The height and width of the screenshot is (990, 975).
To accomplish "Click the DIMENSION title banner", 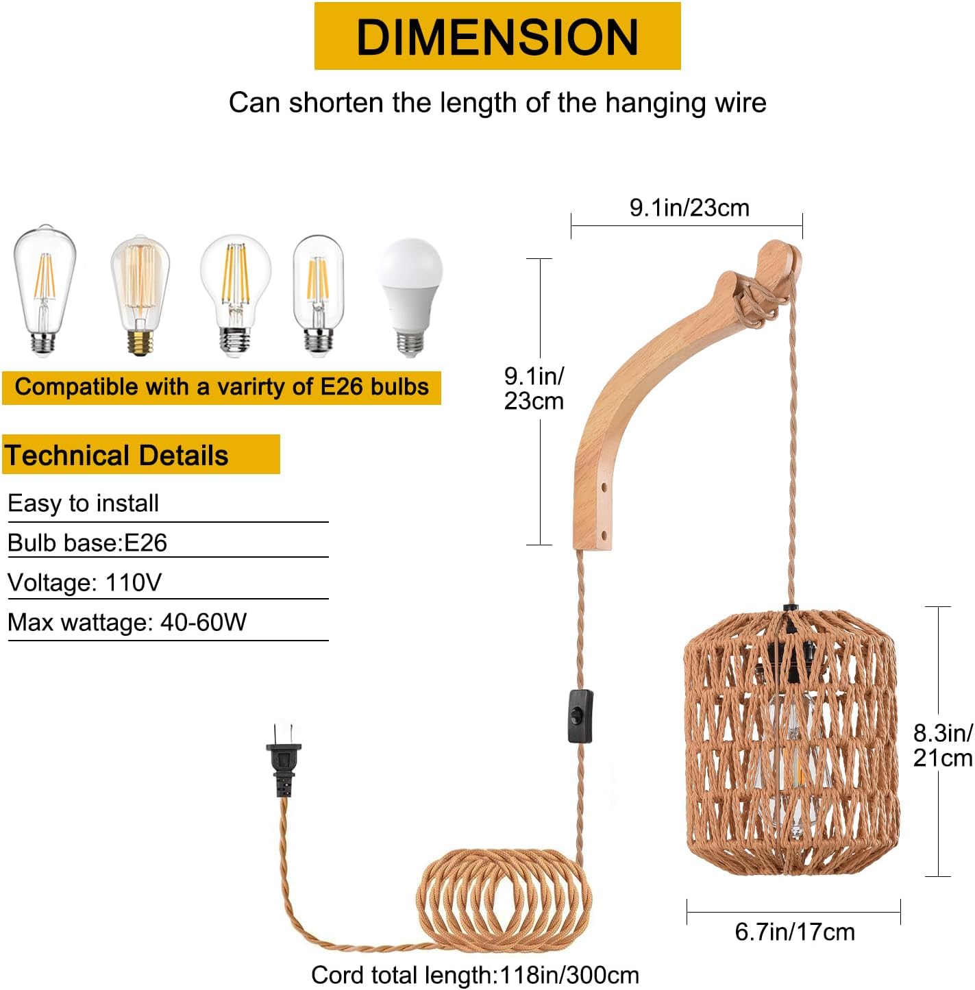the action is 497,36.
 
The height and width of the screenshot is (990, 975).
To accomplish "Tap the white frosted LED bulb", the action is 411,295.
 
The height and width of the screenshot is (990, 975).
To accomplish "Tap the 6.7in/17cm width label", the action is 795,932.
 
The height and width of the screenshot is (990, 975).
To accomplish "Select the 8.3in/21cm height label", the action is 942,745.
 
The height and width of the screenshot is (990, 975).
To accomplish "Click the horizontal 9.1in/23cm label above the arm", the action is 689,208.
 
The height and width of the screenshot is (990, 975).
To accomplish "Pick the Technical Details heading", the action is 116,456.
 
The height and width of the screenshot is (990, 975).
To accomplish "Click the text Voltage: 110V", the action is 84,582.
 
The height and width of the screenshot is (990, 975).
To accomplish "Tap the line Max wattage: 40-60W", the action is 127,622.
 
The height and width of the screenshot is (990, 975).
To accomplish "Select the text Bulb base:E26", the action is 87,543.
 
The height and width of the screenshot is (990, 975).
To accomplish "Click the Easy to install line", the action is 83,503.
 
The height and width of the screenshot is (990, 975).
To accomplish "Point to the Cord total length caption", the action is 475,974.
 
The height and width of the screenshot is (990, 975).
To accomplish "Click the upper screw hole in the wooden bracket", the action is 604,489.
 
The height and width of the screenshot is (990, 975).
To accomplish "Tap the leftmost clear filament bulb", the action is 44,291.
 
